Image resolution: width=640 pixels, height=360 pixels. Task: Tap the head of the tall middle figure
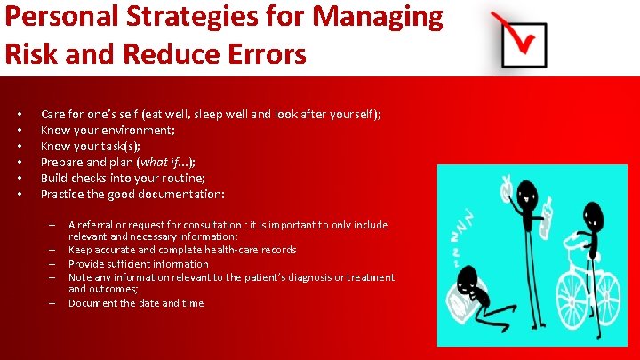click(526, 191)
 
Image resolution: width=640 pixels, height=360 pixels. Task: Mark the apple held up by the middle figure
click(505, 188)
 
